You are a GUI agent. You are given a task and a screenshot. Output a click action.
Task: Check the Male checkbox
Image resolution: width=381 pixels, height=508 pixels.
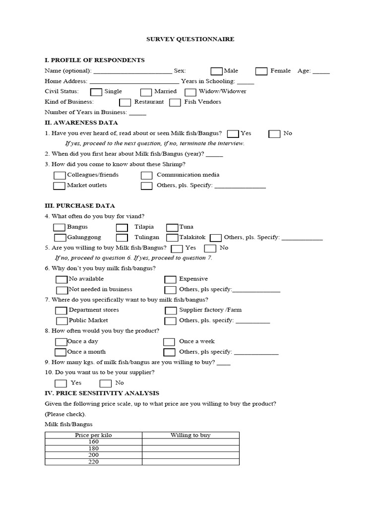coord(216,71)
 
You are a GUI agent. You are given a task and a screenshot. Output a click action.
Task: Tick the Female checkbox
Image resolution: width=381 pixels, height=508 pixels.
coord(261,71)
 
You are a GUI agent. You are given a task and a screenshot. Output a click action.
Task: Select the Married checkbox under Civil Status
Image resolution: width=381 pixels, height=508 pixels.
coord(146,92)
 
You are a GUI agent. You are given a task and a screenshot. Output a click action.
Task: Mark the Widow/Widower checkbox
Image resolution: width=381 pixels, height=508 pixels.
coord(190,92)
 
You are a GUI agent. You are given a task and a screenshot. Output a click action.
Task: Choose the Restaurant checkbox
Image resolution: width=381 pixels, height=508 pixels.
coord(126,102)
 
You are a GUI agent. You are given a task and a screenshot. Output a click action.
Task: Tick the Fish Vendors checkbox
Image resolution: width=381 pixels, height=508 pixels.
coord(175,102)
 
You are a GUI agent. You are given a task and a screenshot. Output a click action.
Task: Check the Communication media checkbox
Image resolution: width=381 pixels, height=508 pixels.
coord(146,175)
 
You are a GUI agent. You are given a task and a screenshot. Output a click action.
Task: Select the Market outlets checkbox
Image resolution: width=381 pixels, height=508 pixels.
coord(59,186)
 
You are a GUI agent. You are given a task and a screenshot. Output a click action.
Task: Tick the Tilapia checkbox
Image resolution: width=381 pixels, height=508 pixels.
coord(122,227)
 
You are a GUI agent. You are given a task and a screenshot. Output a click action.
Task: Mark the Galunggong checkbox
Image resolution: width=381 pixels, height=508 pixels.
coord(60,238)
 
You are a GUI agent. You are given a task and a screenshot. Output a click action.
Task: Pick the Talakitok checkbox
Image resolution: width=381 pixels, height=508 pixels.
coord(172,238)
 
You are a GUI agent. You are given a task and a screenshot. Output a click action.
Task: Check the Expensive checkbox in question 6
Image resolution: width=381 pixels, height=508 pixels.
coord(170,279)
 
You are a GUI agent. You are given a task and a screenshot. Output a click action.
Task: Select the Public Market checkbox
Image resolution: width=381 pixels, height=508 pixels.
coord(62,321)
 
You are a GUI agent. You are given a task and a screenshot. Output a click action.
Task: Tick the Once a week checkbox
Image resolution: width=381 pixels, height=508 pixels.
coord(169,342)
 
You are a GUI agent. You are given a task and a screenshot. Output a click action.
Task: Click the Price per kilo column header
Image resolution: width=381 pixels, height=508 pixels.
coord(93,435)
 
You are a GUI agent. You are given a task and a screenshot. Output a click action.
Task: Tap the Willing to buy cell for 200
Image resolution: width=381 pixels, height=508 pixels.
coord(190,455)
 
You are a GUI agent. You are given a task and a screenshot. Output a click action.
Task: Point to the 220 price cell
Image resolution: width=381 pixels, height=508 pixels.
coord(93,462)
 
